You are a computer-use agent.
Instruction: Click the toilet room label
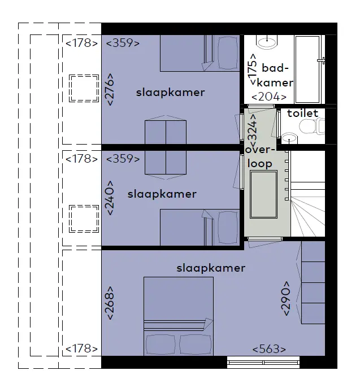pos(302,114)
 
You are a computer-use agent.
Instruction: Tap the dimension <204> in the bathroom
pos(269,97)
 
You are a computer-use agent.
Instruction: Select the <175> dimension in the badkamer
pos(253,69)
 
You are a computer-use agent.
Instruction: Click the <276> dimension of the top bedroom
pos(110,89)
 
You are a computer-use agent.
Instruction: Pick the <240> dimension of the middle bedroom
pos(110,198)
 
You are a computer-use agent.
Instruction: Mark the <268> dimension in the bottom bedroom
pos(110,303)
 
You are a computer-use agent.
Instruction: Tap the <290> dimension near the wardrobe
pos(286,298)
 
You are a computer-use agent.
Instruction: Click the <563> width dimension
pos(269,349)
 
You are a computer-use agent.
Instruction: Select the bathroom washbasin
pos(267,42)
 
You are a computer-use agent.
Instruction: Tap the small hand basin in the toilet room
pos(289,138)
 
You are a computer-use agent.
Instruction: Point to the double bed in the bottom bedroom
pos(179,316)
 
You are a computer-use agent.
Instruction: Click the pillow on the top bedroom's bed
pos(228,53)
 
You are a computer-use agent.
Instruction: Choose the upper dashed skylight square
pos(84,88)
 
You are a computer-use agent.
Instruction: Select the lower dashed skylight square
pos(84,219)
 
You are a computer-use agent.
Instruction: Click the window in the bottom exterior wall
pos(263,363)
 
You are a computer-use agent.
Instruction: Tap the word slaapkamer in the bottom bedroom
pos(211,268)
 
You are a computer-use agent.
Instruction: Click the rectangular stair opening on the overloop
pos(263,194)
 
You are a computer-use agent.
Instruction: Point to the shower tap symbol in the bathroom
pos(322,60)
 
